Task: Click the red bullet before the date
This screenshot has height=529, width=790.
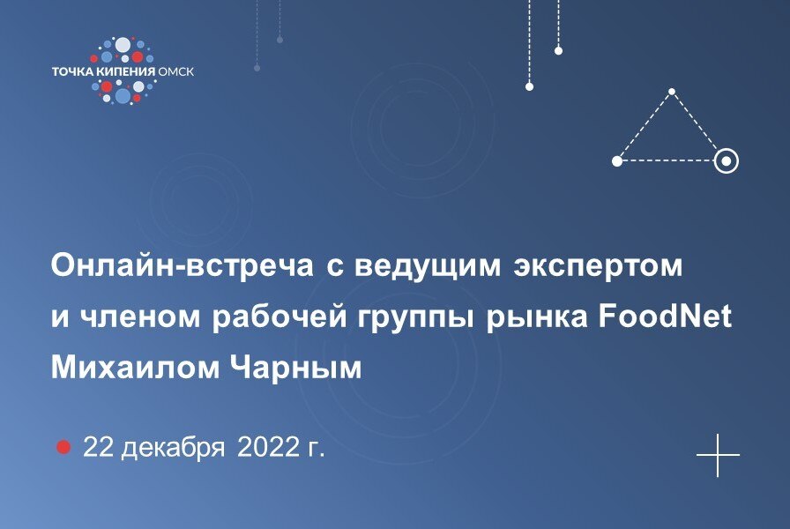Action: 63,447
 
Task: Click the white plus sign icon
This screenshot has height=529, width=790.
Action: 718,456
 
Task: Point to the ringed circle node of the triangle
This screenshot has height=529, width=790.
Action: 726,160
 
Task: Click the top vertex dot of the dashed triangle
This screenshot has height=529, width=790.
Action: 672,92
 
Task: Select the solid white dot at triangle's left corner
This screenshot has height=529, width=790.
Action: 617,160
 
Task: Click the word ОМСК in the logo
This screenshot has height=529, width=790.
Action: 175,71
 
